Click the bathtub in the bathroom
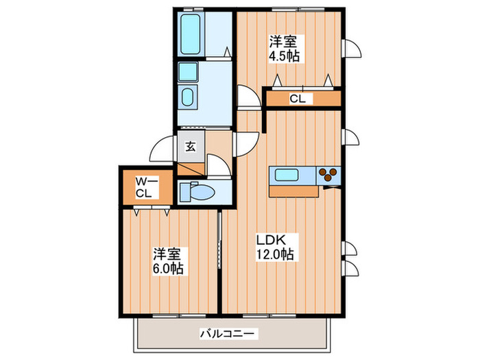coord(190,34)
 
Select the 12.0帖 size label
coord(276,255)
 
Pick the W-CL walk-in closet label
coord(143,187)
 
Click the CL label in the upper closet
coord(297,99)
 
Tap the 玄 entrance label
coord(190,145)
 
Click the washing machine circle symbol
coord(188,95)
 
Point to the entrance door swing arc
coord(162,147)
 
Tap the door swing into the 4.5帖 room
coord(248,97)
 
